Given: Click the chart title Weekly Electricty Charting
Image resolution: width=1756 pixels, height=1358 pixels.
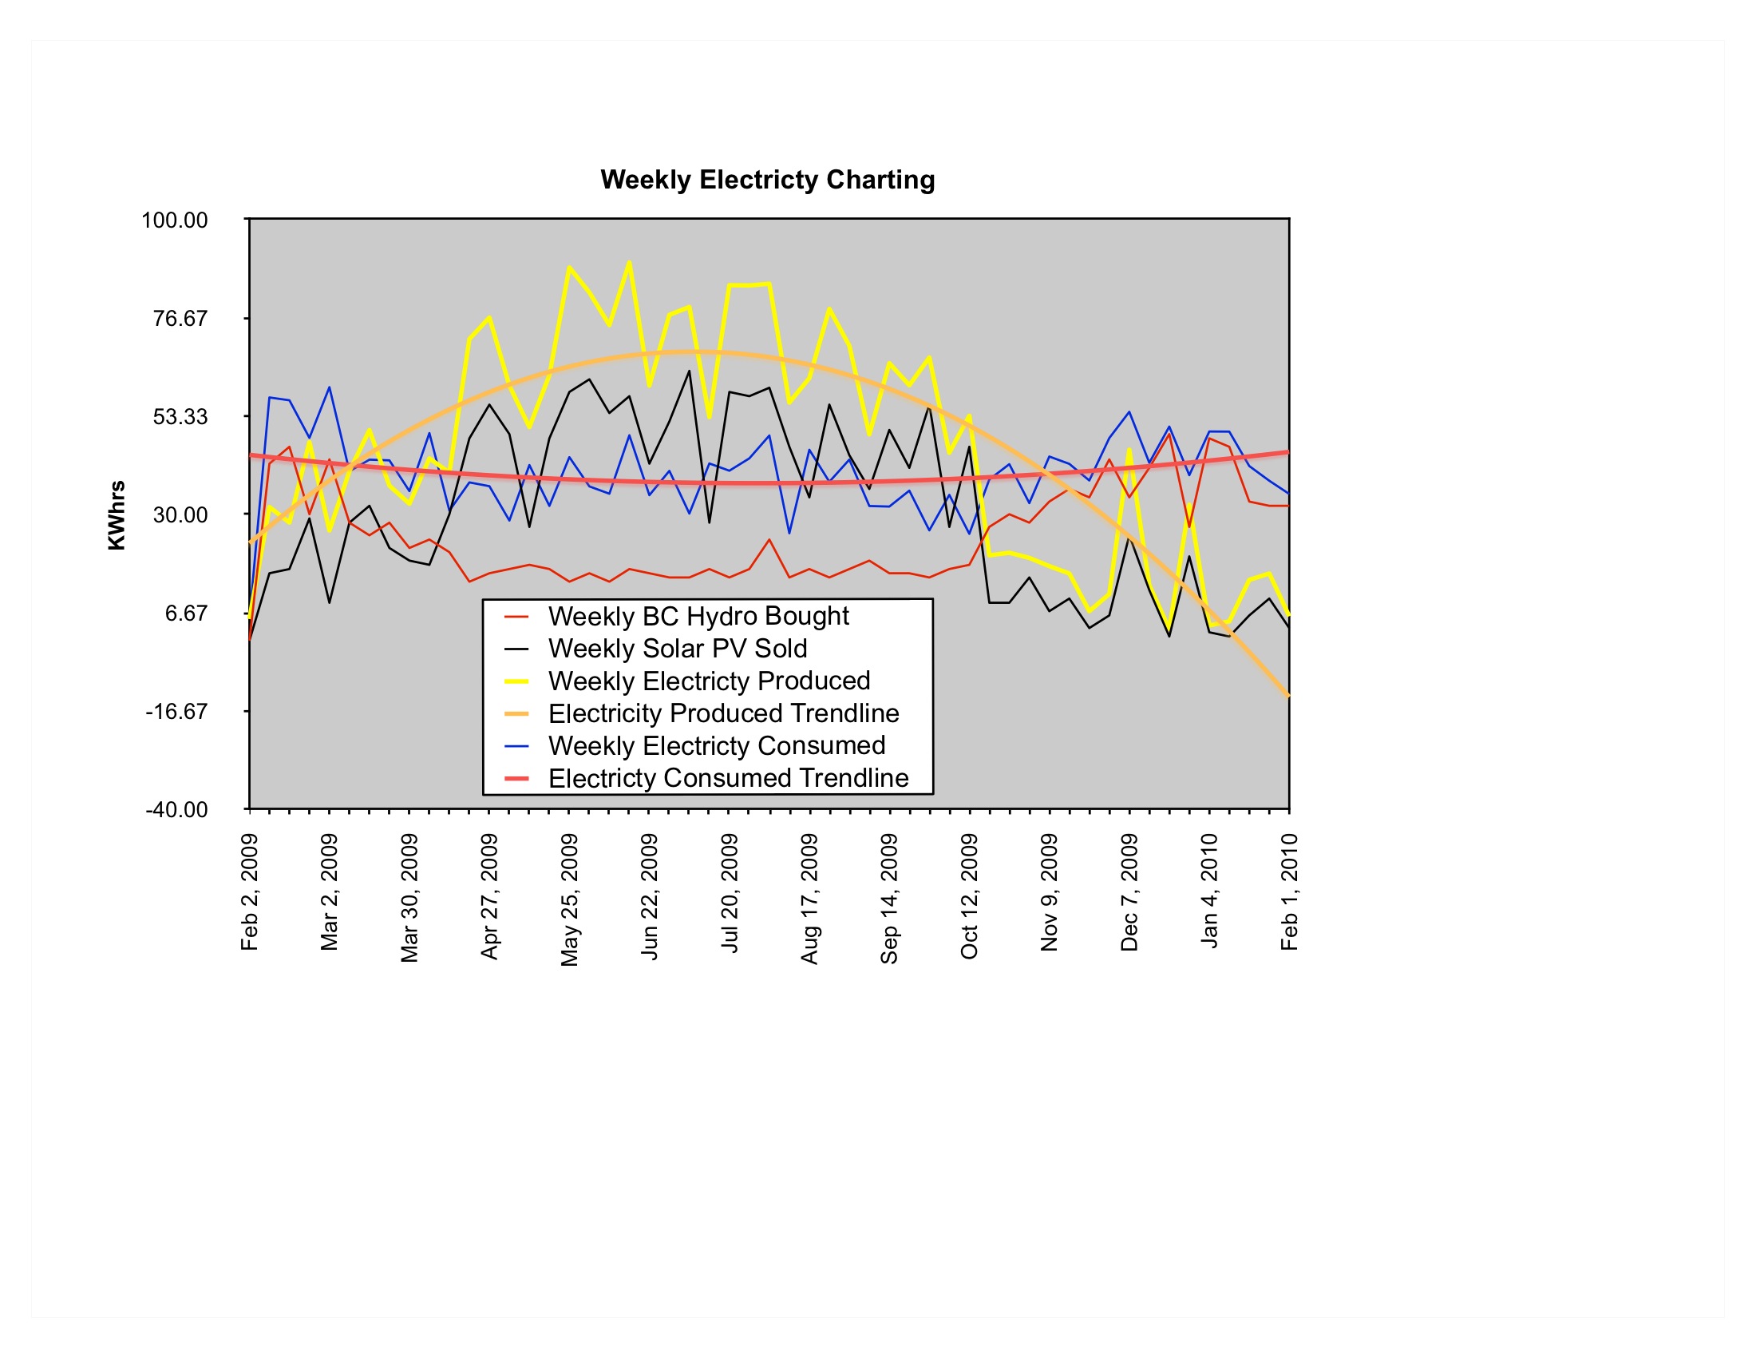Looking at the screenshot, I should (767, 180).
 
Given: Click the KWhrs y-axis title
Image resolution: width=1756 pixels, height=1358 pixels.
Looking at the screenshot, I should (117, 515).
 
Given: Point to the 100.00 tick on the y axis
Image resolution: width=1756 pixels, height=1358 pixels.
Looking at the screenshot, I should (175, 220).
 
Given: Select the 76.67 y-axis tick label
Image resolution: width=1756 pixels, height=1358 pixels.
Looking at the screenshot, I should (180, 319).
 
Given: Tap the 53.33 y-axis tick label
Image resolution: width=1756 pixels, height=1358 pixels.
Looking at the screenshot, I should (180, 417).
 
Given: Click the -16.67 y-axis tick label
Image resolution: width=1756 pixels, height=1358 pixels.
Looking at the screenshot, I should (176, 711).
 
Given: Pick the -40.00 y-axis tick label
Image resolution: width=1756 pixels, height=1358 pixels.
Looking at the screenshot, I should (176, 809).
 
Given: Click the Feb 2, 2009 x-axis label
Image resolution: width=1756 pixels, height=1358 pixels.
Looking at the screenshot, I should (250, 892).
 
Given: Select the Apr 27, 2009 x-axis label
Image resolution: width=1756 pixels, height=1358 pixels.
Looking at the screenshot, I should (489, 896).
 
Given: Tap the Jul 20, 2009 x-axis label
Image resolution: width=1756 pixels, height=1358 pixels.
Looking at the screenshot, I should (730, 893).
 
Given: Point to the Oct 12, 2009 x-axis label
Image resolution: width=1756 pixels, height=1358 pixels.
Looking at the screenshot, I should (970, 896).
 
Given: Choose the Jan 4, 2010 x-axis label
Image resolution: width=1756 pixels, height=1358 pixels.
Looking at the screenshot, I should (1209, 891).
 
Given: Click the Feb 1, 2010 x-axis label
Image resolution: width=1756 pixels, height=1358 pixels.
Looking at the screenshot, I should (1290, 892).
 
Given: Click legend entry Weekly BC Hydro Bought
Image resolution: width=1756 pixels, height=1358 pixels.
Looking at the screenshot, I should (698, 616).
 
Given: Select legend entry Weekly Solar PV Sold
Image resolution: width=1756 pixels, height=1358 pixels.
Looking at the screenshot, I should (677, 649).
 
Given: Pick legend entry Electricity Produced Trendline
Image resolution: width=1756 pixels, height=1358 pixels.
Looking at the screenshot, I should (723, 713).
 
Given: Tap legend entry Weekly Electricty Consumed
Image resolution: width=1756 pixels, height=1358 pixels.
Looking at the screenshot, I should (717, 746).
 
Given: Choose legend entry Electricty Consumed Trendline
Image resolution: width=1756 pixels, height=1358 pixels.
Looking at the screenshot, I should (728, 778).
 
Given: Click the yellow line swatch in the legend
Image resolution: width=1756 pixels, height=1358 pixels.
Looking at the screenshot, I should (516, 681).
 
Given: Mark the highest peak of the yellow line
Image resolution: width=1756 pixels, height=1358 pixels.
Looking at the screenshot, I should (629, 262).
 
